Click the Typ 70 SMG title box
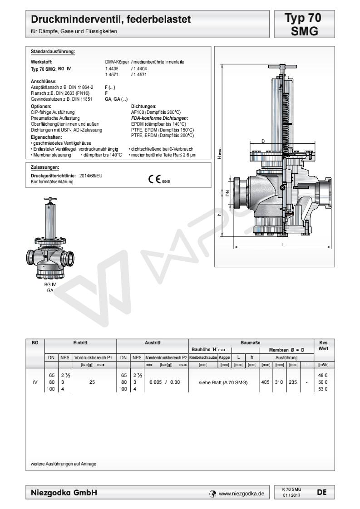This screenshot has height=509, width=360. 304,24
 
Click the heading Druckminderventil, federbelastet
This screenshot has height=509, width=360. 111,19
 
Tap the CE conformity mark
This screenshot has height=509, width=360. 159,179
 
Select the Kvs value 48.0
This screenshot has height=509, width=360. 323,375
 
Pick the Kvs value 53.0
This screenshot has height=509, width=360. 323,389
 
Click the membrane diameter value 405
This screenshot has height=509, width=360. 266,382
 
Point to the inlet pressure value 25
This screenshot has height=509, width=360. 92,382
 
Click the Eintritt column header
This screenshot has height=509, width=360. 80,343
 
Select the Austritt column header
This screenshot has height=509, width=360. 153,343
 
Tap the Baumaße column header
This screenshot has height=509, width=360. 250,343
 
